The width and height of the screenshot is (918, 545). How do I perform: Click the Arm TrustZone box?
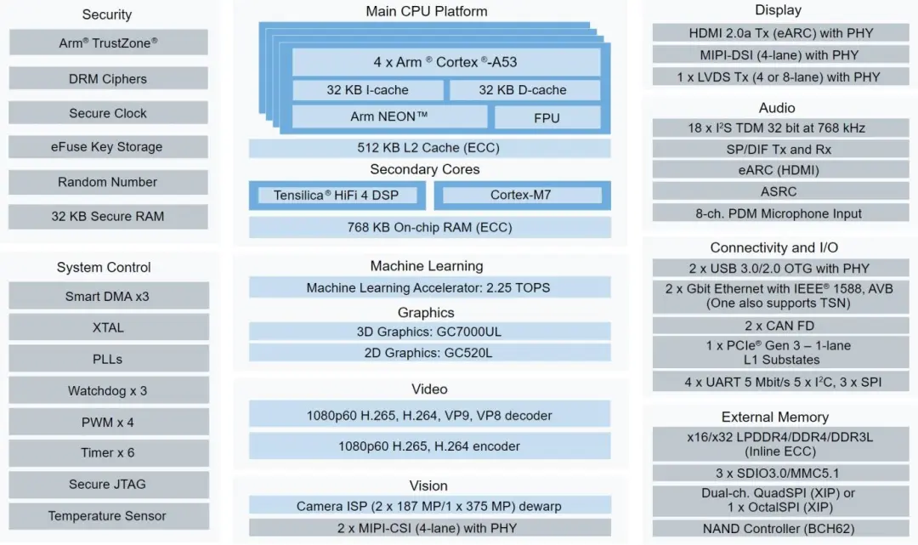(x=108, y=43)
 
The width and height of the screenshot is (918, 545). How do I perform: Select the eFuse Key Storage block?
(x=108, y=147)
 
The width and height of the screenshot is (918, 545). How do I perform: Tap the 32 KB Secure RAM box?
(x=108, y=217)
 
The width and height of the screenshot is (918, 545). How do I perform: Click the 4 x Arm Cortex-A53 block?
(x=445, y=62)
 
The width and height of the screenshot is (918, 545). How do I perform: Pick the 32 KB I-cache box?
(x=367, y=90)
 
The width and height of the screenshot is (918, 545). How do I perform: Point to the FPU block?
(x=547, y=117)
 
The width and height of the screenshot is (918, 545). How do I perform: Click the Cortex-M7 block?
(x=521, y=196)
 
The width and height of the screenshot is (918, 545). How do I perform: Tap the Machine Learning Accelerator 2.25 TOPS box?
(x=429, y=288)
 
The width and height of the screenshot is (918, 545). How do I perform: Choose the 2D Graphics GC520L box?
(x=429, y=353)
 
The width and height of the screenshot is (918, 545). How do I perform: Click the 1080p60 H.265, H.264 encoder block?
(x=429, y=446)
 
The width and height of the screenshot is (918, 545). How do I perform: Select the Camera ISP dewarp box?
(x=429, y=506)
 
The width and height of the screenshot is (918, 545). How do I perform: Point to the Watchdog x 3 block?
(x=108, y=391)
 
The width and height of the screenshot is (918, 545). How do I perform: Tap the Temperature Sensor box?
(x=108, y=516)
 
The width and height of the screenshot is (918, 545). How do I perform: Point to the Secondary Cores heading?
(x=425, y=169)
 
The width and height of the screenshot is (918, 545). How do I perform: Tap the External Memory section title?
(x=775, y=417)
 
